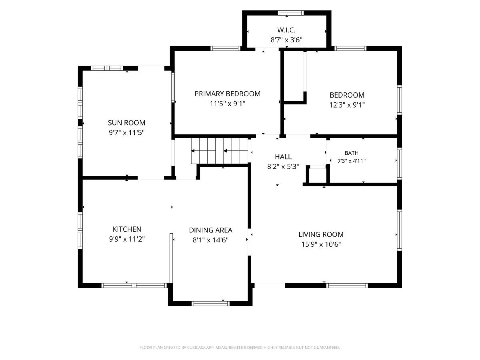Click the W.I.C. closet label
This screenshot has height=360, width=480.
coord(286,30)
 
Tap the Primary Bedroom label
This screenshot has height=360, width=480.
coord(228,94)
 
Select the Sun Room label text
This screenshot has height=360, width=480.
coord(126,123)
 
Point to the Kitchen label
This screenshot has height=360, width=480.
coord(127,229)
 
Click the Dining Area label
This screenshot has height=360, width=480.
coord(210,230)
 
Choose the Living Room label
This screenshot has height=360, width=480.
coord(321,234)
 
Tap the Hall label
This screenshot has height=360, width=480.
coord(283,156)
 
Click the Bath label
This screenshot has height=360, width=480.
coord(352,153)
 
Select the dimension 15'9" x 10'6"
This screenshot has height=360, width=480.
coord(321,244)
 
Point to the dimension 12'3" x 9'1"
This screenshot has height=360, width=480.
coord(347,105)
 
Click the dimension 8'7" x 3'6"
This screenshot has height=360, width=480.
coord(286,40)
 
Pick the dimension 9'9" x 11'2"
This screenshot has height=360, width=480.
coord(127,239)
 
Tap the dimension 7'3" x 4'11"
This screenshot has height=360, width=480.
coord(352,161)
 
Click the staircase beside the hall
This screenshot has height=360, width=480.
coord(219,151)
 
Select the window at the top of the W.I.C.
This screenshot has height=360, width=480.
coord(291,13)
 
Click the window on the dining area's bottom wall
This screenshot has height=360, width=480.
coord(210,303)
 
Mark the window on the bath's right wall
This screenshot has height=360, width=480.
coord(399,164)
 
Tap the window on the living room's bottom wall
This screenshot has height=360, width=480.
coord(347,286)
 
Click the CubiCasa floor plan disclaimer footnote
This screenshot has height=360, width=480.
coord(240,348)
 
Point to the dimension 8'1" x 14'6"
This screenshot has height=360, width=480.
coord(210,240)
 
